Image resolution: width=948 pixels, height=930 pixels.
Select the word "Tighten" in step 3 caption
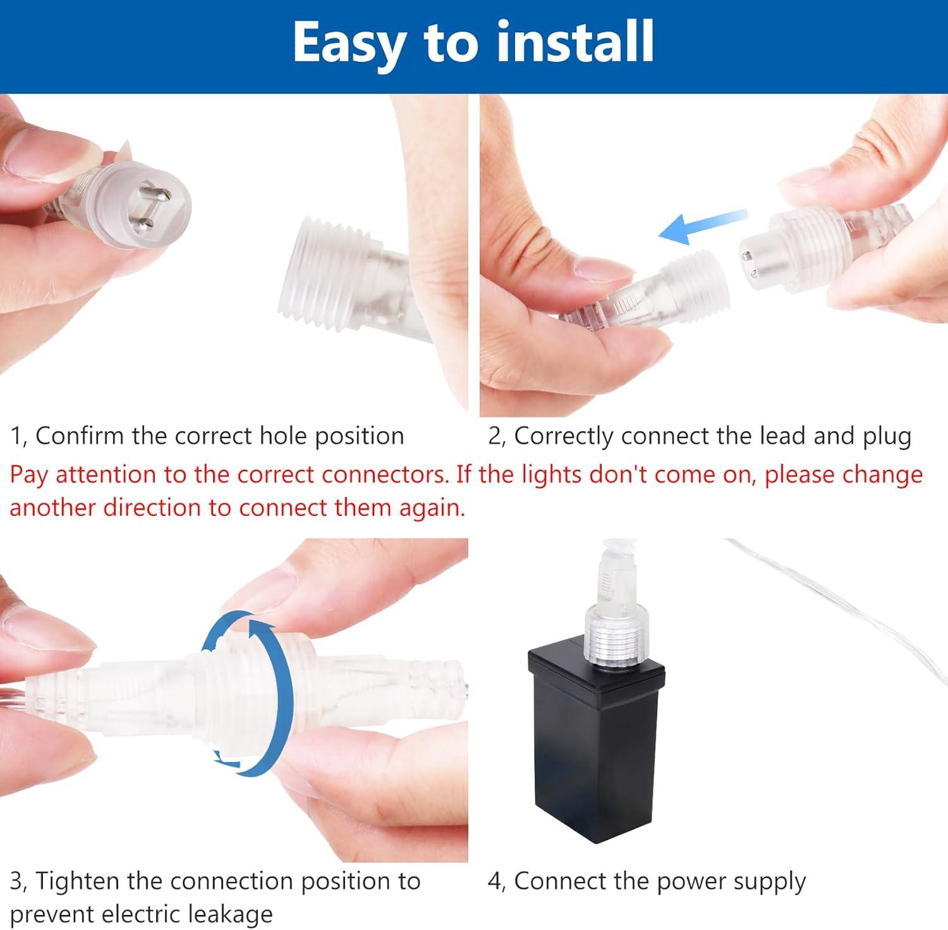click(78, 881)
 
